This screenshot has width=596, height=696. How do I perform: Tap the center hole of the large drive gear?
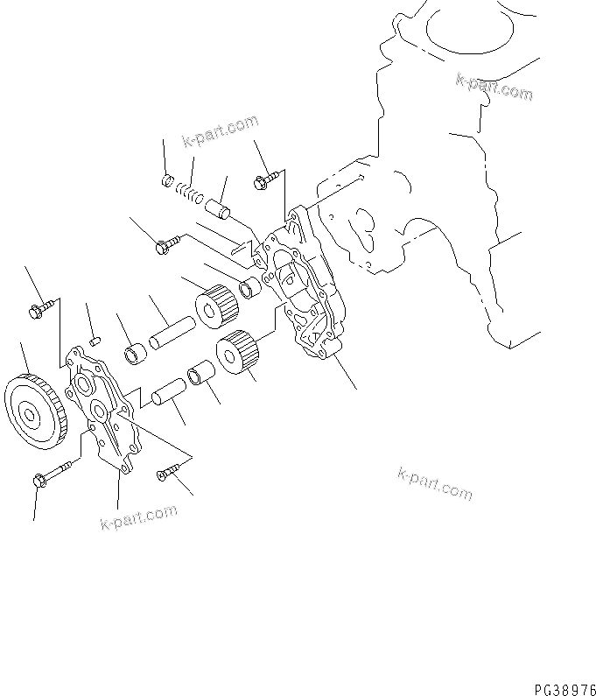tap(31, 412)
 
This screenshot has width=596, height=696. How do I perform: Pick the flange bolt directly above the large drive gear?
tap(42, 307)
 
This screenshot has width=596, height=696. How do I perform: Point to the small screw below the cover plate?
tap(165, 474)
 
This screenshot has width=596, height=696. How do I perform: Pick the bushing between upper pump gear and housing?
tap(251, 287)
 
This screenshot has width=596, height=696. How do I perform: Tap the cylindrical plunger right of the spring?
tap(219, 209)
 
